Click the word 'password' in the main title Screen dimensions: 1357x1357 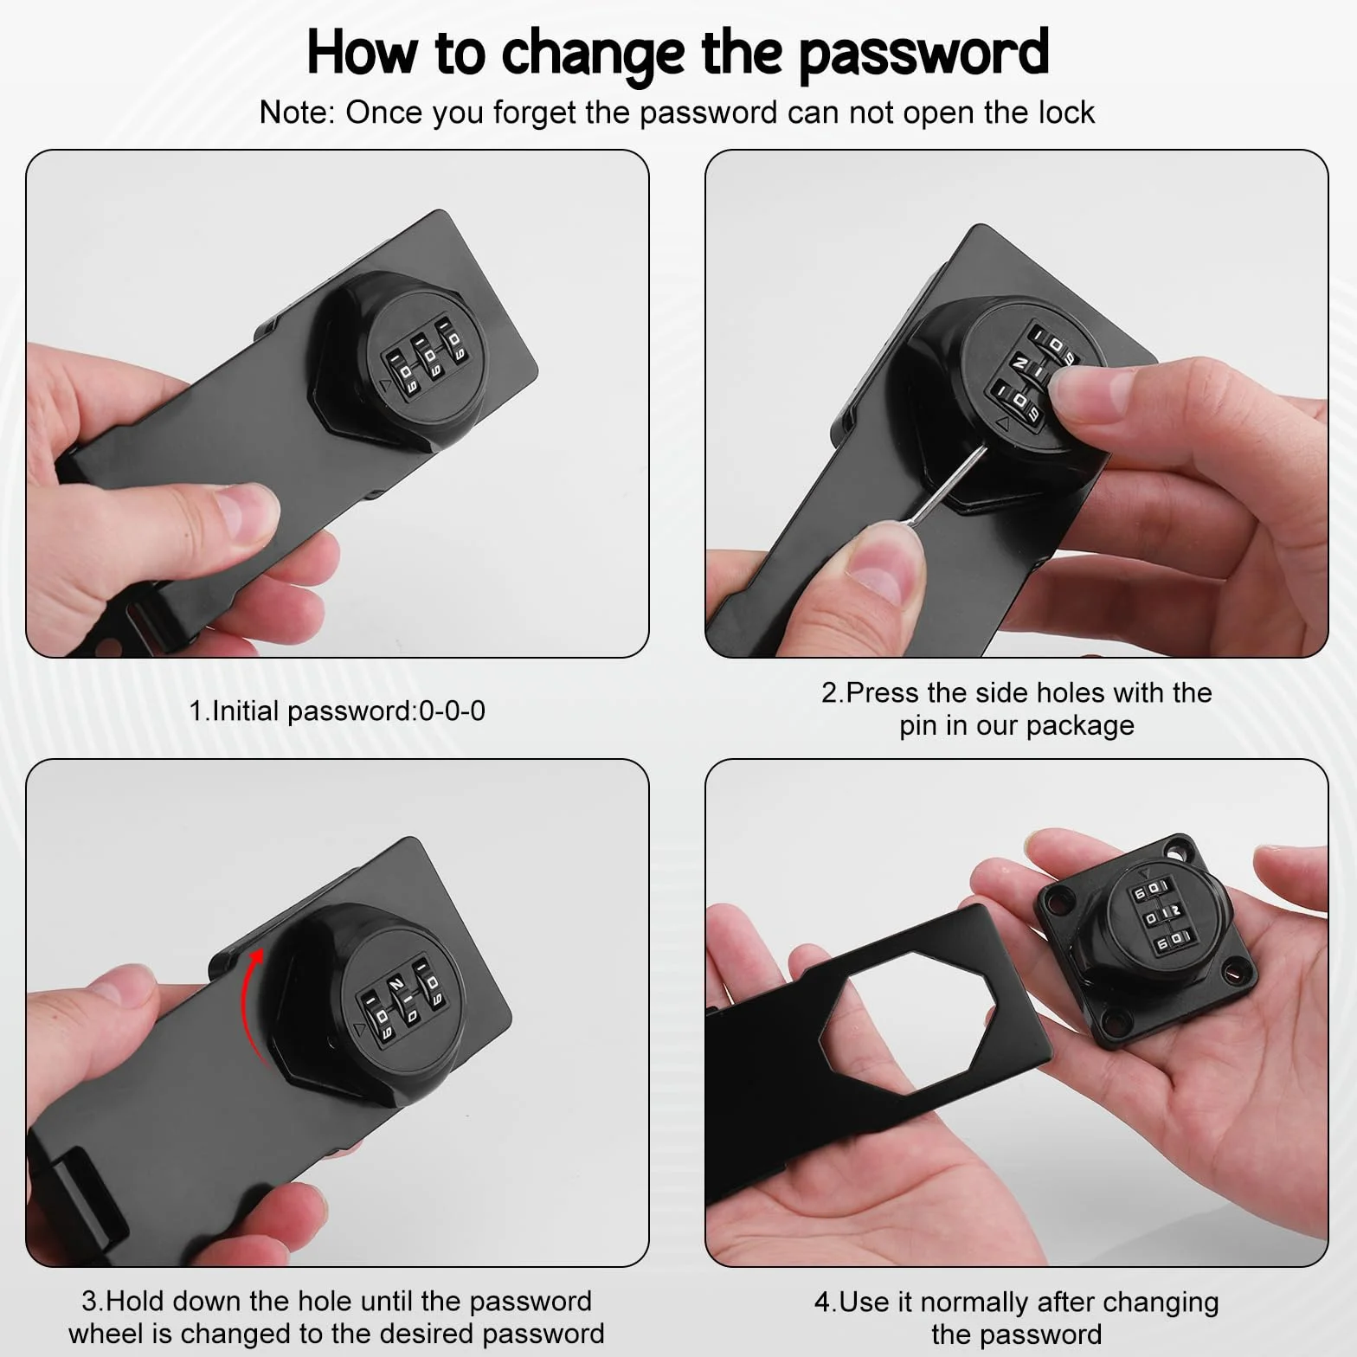pyautogui.click(x=923, y=54)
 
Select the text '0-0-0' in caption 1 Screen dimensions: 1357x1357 pyautogui.click(x=452, y=711)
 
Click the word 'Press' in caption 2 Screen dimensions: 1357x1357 pyautogui.click(x=883, y=693)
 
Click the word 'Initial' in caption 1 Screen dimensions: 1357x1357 pyautogui.click(x=246, y=711)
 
